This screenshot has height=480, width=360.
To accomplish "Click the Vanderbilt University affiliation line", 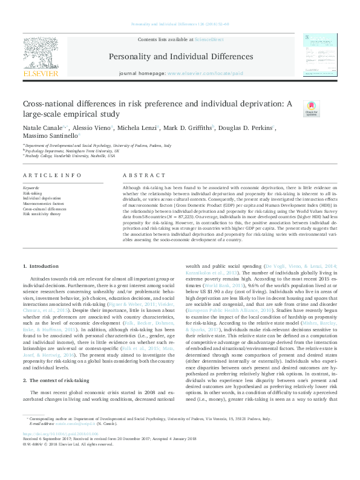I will (70, 155).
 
